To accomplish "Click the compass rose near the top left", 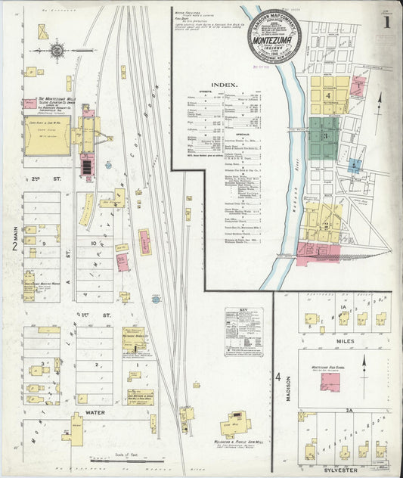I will [x=57, y=51].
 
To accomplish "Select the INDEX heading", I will [x=225, y=85].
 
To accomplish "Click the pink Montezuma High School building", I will [x=330, y=380].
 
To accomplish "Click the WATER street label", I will [x=95, y=414].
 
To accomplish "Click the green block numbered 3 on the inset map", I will [x=324, y=136].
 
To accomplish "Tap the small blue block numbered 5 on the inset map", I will [x=354, y=164].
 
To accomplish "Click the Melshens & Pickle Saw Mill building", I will [x=235, y=424].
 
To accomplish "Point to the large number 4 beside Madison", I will [x=278, y=377].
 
